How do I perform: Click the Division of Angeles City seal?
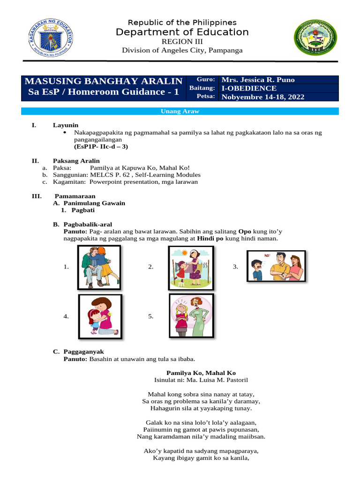(315, 39)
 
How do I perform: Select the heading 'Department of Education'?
(182, 32)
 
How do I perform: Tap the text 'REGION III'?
(182, 41)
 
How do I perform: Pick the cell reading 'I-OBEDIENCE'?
(249, 88)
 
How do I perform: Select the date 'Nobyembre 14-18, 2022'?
(263, 97)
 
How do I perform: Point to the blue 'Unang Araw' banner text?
(180, 111)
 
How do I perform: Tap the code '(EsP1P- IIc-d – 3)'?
(101, 146)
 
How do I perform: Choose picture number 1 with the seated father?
(99, 267)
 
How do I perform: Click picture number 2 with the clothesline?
(191, 267)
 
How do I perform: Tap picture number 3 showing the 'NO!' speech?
(276, 266)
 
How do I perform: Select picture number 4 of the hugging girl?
(99, 316)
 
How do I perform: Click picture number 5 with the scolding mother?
(191, 316)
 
